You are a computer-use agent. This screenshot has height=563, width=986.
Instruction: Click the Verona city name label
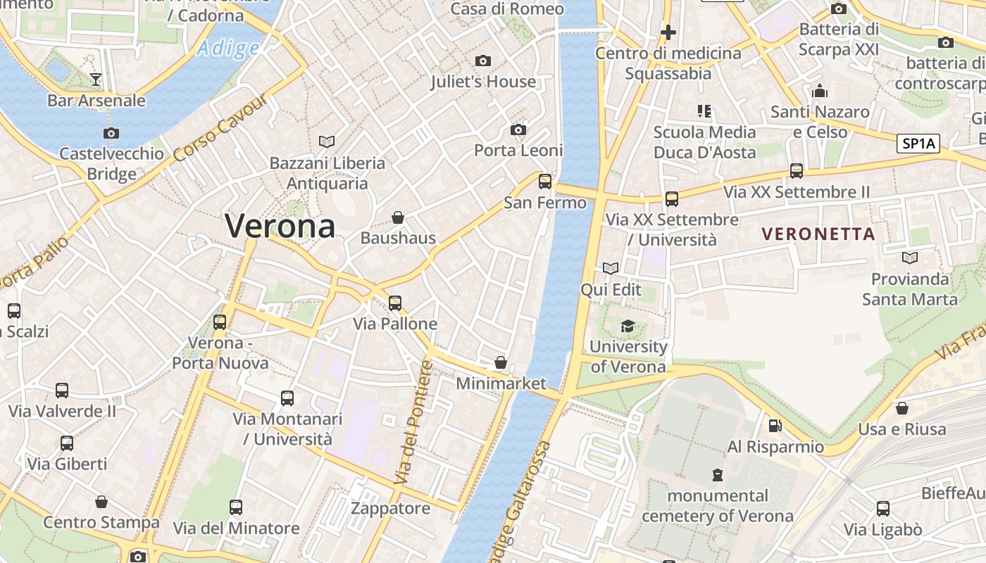(280, 226)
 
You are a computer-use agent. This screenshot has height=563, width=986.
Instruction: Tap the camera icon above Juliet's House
(483, 61)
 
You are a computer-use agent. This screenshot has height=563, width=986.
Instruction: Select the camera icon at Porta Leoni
(518, 129)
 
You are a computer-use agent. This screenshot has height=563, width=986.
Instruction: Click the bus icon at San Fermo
(545, 182)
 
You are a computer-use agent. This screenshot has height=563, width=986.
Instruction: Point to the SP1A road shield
(920, 144)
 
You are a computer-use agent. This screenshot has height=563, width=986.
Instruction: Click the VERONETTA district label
(818, 234)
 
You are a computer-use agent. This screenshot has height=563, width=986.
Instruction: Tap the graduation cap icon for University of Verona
(628, 326)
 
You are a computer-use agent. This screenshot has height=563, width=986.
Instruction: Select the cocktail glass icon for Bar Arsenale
(96, 80)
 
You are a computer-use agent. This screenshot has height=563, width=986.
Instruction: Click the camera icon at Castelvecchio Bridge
(111, 133)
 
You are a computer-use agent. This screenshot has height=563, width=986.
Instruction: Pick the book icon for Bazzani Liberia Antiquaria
(327, 141)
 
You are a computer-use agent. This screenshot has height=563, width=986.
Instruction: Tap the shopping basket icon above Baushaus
(398, 217)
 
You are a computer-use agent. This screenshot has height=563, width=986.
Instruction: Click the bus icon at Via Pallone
(395, 303)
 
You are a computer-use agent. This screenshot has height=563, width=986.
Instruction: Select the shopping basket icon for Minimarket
(501, 362)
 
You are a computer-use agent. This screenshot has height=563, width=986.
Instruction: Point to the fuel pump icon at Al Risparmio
(775, 426)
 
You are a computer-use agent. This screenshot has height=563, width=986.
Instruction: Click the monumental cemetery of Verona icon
(718, 475)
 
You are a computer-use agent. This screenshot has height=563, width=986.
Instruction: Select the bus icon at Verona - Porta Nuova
(220, 322)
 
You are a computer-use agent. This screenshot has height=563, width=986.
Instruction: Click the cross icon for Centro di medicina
(668, 32)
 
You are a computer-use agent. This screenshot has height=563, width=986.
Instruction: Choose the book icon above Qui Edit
(611, 268)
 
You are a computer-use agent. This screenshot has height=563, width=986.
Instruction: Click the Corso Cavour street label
(220, 127)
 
